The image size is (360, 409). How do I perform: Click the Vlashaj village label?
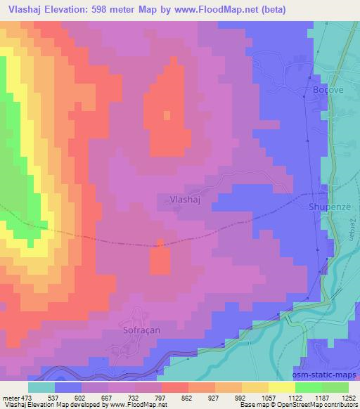(x=186, y=199)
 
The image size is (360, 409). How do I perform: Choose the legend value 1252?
(x=346, y=397)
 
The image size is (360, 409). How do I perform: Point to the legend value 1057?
(x=267, y=397)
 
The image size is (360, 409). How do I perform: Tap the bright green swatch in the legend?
(x=309, y=387)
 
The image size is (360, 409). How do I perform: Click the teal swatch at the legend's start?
(x=41, y=387)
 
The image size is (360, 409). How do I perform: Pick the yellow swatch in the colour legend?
(x=255, y=387)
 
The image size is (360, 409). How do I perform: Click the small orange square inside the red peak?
(x=167, y=115)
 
